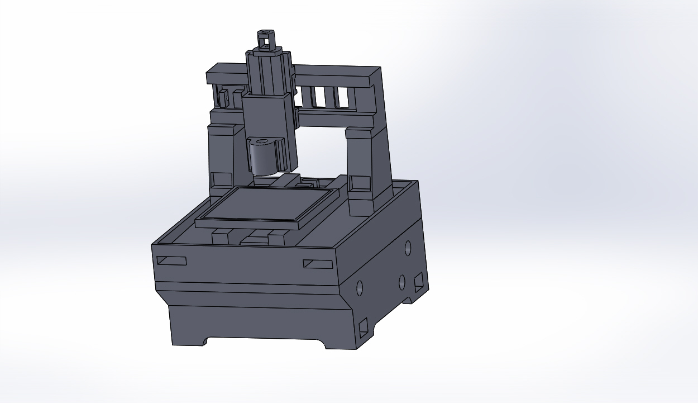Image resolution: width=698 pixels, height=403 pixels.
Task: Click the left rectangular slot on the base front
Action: pos(171,261)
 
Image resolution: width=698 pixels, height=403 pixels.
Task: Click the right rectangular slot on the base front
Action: pos(318,264)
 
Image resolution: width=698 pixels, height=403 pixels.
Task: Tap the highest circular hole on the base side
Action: pos(408,247)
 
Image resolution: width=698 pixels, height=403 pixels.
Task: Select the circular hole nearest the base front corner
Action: pos(360,288)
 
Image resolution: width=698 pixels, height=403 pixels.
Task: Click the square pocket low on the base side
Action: pos(364,327)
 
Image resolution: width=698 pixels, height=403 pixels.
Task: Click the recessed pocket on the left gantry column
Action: pos(222,179)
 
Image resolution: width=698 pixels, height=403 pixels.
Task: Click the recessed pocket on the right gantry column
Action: pos(360,183)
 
